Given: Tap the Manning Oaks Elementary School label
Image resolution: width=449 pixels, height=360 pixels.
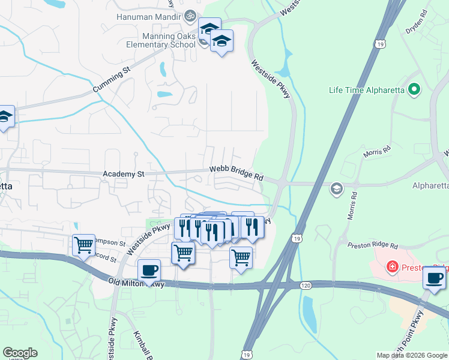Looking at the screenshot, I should pos(160,40).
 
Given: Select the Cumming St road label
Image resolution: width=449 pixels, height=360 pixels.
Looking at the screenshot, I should pos(111,81).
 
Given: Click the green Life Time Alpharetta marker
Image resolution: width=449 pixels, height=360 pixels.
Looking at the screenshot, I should pos(413,90).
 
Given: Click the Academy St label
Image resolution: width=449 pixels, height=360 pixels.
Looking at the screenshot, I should pos(124,174).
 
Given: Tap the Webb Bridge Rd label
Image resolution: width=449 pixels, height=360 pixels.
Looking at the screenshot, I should pos(237,173).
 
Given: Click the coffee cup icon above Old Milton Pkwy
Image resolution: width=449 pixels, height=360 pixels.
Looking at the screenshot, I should pos(149,270).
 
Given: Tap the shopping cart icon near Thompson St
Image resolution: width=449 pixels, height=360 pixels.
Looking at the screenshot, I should pos(83,244).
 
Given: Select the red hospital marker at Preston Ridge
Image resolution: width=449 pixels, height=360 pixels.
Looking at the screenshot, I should pos(392,265).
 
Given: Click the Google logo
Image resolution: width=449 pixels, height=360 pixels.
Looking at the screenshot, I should pos(20,353).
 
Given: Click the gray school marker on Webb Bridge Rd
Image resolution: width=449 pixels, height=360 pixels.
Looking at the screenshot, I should pos(337,189).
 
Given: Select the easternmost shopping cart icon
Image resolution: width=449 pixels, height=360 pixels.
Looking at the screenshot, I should pos(241,257).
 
